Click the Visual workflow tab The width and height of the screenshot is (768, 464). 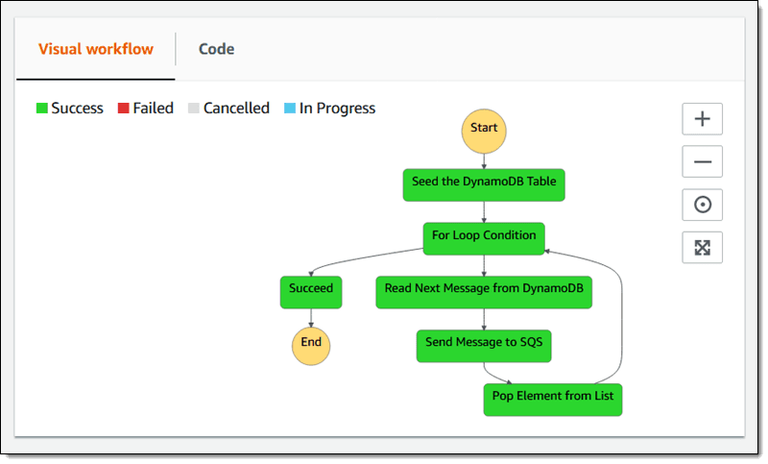click(95, 49)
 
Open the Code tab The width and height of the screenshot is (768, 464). click(216, 49)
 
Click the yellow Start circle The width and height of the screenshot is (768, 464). click(484, 129)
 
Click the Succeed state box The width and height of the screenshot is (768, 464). click(311, 289)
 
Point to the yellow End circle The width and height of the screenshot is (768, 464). click(311, 342)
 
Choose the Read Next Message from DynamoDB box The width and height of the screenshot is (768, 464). click(484, 289)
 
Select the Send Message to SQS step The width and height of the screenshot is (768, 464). click(484, 343)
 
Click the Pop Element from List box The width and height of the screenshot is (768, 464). click(552, 397)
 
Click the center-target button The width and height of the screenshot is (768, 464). click(702, 205)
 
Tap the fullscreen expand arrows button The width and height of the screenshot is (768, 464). click(702, 248)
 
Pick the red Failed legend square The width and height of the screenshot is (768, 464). click(123, 109)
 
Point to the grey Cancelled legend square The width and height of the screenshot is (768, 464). click(194, 109)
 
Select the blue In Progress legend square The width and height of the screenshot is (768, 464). click(290, 109)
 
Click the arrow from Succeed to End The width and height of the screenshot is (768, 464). click(311, 316)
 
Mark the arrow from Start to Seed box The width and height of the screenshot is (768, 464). click(484, 160)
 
